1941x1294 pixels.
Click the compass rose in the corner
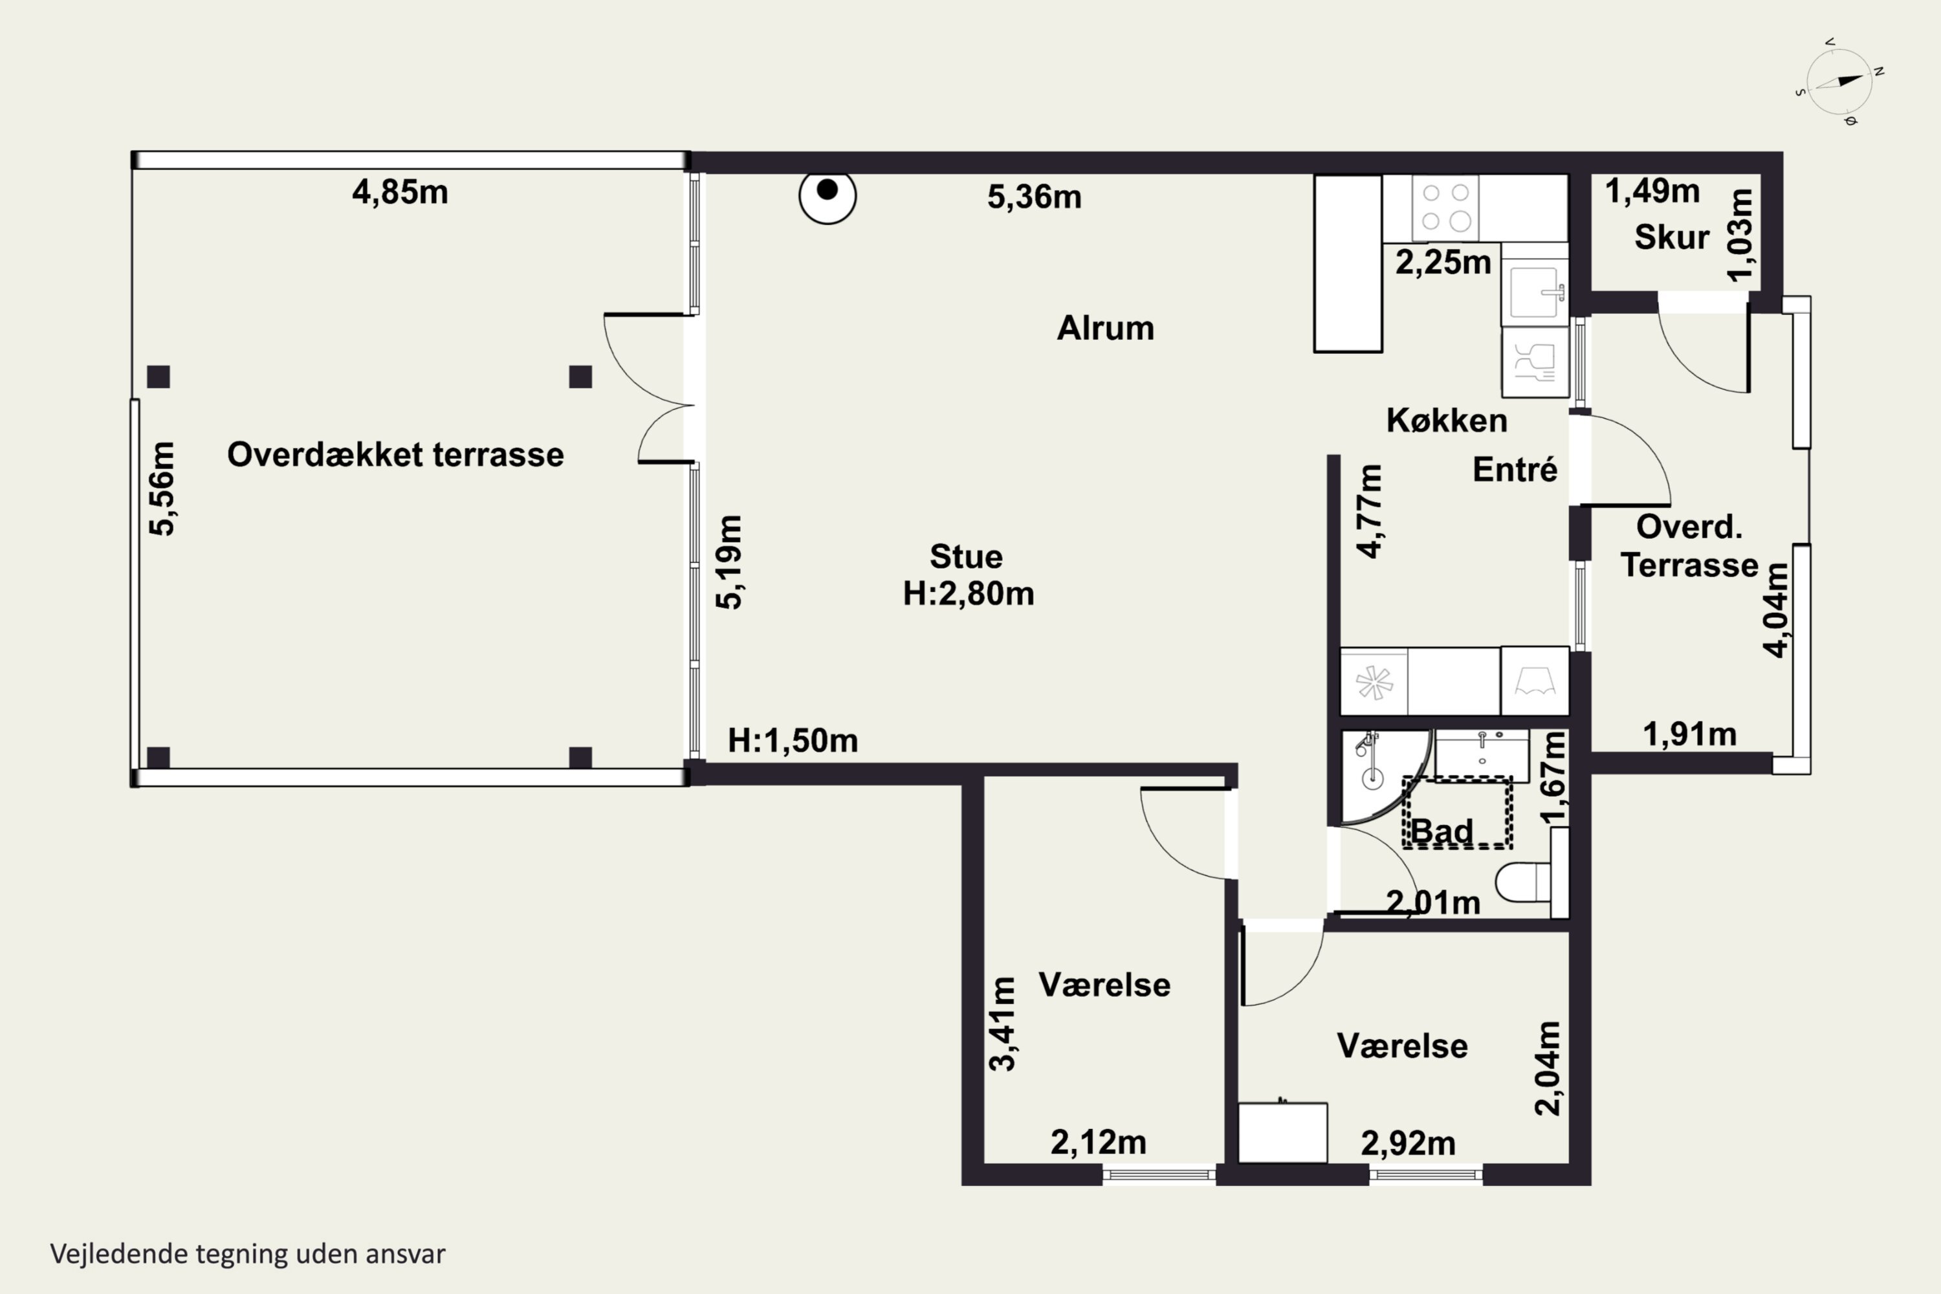point(1839,83)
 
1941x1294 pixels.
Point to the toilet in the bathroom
point(1524,881)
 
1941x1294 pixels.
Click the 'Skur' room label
point(1671,237)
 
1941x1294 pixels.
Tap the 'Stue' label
point(967,557)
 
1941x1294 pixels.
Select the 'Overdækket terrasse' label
point(395,455)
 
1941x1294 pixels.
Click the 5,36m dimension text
point(1034,197)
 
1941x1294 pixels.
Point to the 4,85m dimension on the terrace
point(400,192)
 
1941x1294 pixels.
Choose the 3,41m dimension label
point(1003,1024)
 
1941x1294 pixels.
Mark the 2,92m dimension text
point(1408,1144)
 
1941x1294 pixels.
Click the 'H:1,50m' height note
point(793,741)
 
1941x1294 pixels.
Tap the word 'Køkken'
point(1447,421)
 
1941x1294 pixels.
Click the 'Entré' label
point(1515,470)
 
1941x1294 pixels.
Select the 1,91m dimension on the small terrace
point(1689,734)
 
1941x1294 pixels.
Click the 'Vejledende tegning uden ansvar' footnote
point(248,1255)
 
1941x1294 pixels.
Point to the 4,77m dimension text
point(1369,512)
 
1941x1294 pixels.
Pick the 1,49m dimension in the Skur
point(1652,192)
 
